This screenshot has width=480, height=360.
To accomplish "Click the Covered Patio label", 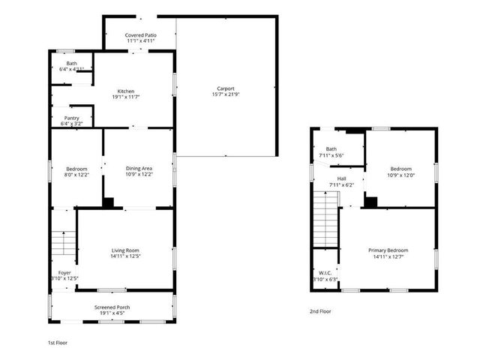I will tap(140, 34).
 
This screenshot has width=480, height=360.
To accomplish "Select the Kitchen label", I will tap(125, 91).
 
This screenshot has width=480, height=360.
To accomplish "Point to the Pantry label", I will tap(72, 118).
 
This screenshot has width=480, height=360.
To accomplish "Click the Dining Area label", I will tap(139, 169).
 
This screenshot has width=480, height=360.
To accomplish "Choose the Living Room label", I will tap(126, 250).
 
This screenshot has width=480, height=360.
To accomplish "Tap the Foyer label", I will tap(64, 272).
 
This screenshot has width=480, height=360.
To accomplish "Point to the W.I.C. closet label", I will tap(325, 273).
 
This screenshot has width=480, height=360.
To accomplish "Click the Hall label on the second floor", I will tap(341, 178).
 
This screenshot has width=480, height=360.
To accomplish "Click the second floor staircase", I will tap(325, 218).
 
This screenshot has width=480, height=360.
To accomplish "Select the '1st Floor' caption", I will tap(58, 342).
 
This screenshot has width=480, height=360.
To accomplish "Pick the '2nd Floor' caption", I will tap(319, 311).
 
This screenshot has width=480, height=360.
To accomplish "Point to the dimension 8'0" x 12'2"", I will tap(76, 175).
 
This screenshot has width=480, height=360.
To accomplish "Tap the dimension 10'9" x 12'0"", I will tap(400, 175).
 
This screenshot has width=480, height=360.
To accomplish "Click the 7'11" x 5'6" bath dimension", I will tap(331, 155).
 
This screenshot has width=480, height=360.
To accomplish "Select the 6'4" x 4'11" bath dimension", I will tap(72, 69).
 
